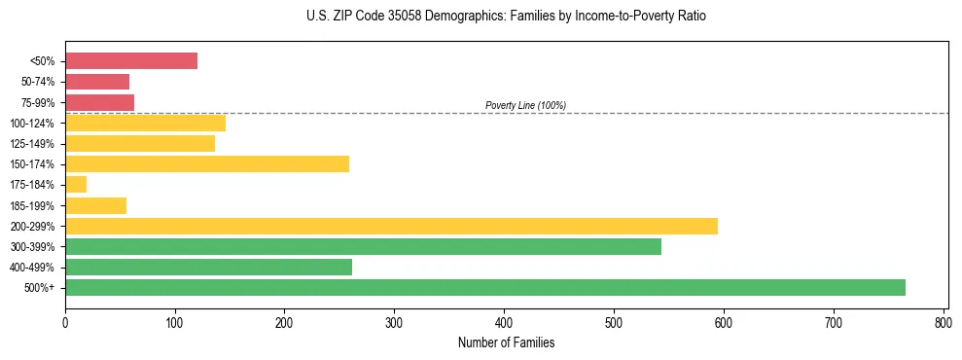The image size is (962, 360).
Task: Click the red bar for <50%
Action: (x=131, y=61)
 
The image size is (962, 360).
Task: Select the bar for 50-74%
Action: (x=97, y=82)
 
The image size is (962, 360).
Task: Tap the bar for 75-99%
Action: (x=99, y=102)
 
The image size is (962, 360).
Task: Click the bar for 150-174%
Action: (x=207, y=163)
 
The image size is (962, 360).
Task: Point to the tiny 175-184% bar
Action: (x=76, y=184)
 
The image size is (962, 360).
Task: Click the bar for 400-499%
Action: (x=208, y=267)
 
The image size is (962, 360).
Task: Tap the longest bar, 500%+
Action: (x=485, y=287)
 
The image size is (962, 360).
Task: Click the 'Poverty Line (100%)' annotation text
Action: (x=525, y=105)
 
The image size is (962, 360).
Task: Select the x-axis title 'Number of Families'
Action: (x=506, y=342)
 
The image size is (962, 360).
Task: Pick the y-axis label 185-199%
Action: (x=37, y=205)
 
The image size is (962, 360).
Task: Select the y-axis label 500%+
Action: (x=43, y=288)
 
